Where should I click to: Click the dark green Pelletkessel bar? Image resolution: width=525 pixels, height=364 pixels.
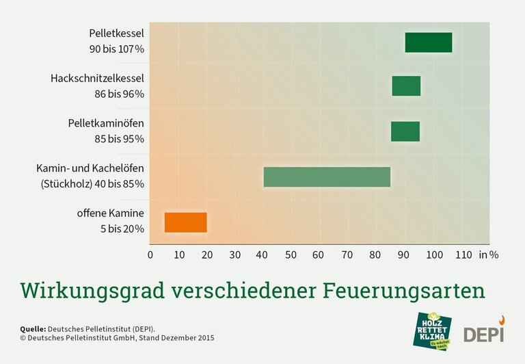(428, 42)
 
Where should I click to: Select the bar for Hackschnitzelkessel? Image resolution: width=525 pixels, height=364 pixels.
(406, 86)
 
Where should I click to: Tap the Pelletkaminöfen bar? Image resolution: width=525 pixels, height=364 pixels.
(405, 131)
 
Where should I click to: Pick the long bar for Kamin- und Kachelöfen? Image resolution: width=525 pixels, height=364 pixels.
(327, 177)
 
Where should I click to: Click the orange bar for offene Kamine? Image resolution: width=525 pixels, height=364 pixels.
(185, 222)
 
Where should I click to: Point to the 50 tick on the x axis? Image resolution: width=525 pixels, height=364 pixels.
(291, 255)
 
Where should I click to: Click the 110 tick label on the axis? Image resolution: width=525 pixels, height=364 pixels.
(463, 255)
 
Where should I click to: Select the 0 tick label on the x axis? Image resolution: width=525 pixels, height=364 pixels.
(150, 255)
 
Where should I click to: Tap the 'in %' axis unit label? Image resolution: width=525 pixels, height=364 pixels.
(489, 255)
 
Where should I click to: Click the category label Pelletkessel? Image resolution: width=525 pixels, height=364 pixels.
(116, 33)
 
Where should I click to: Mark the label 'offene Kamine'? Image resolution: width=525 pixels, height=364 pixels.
(110, 213)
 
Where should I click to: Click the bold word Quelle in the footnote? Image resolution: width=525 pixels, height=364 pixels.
(34, 328)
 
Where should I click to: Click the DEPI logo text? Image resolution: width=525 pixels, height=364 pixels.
(483, 334)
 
